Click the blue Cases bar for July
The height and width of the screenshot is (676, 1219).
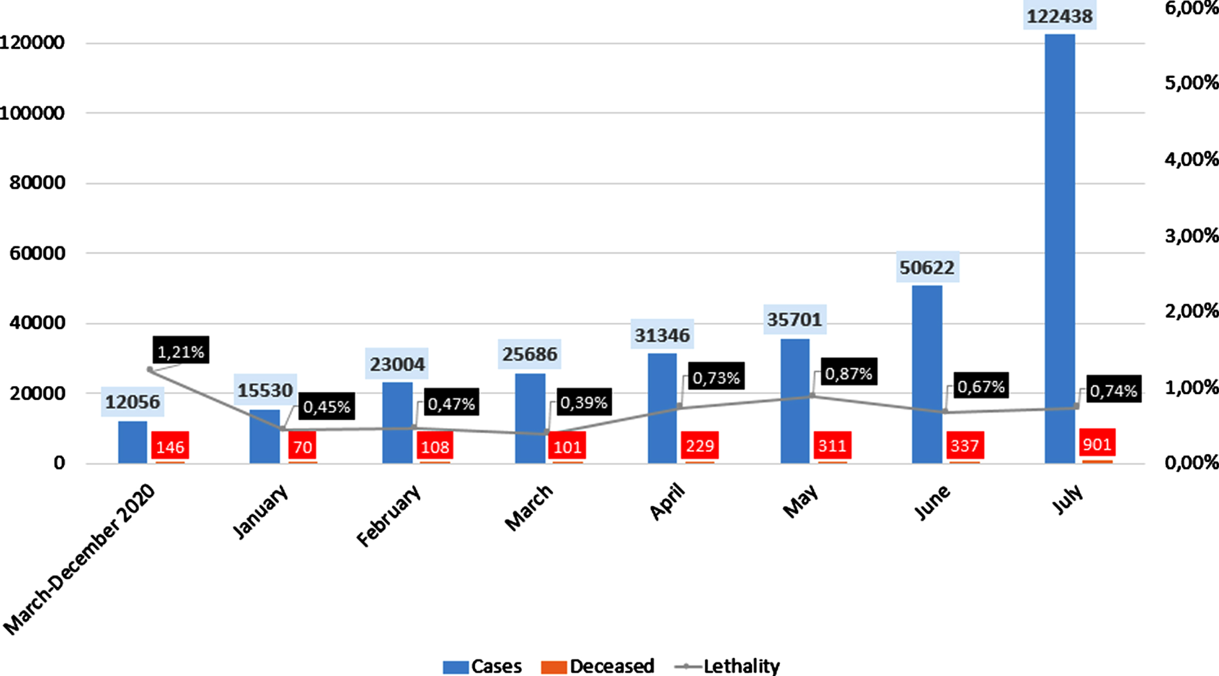coord(1060,249)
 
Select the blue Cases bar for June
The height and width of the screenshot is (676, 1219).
coord(927,374)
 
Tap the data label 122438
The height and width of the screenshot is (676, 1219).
coord(1060,17)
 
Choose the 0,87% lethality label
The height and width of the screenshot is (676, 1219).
coord(849,372)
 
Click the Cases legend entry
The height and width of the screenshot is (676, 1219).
coord(482,666)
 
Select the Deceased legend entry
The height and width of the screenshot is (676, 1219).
coord(598,666)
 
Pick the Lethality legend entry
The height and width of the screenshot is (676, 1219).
coord(727,666)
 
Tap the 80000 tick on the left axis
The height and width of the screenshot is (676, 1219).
coord(38,183)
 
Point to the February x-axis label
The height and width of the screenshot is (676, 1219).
coord(389,516)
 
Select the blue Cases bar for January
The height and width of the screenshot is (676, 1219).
coord(265,436)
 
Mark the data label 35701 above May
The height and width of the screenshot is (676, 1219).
coord(794,319)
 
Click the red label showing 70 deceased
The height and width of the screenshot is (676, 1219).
coord(303,446)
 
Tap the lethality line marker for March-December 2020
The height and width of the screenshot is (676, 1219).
coord(150,369)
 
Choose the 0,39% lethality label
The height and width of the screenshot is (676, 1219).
coord(584,402)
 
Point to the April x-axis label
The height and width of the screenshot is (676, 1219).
coord(667,502)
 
